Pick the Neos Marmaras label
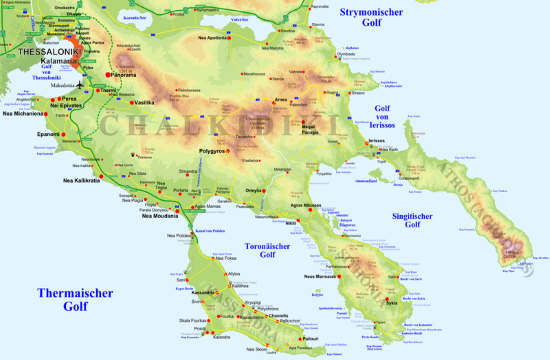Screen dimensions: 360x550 [323, 277]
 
